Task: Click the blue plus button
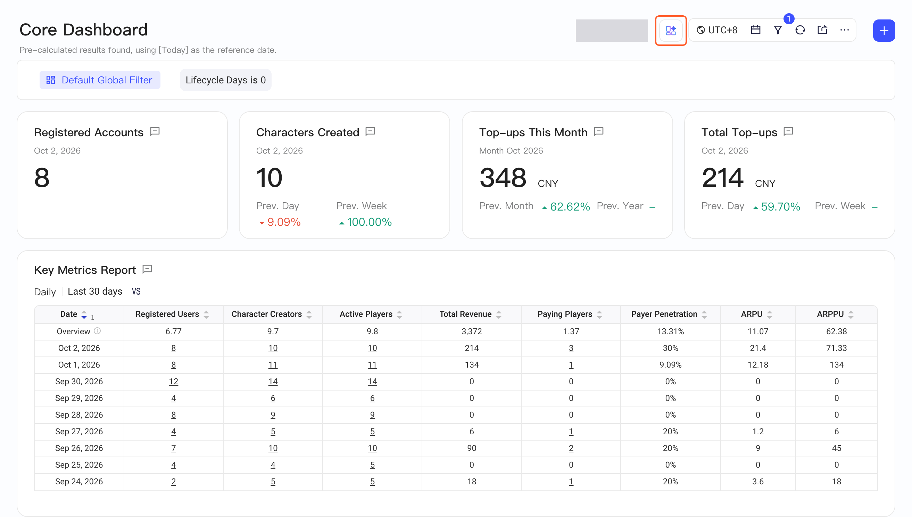[x=884, y=31]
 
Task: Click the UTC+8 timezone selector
[x=717, y=30]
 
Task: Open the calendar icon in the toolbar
[x=755, y=30]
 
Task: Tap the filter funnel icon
[x=778, y=30]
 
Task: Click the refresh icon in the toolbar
[x=800, y=30]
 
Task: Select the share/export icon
[x=822, y=30]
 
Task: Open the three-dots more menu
[x=845, y=30]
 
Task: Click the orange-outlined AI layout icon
[x=671, y=31]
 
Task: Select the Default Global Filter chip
[x=100, y=80]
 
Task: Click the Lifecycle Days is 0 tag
[x=226, y=80]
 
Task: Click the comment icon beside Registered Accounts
[x=155, y=132]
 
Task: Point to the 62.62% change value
[x=570, y=206]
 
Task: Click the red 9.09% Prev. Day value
[x=283, y=222]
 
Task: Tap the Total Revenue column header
[x=465, y=314]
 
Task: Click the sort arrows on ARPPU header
[x=851, y=314]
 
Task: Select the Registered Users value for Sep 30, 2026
[x=173, y=381]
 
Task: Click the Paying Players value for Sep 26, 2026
[x=571, y=448]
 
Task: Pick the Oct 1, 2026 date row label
[x=79, y=365]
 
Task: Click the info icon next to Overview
[x=97, y=331]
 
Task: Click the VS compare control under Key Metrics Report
[x=136, y=292]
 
